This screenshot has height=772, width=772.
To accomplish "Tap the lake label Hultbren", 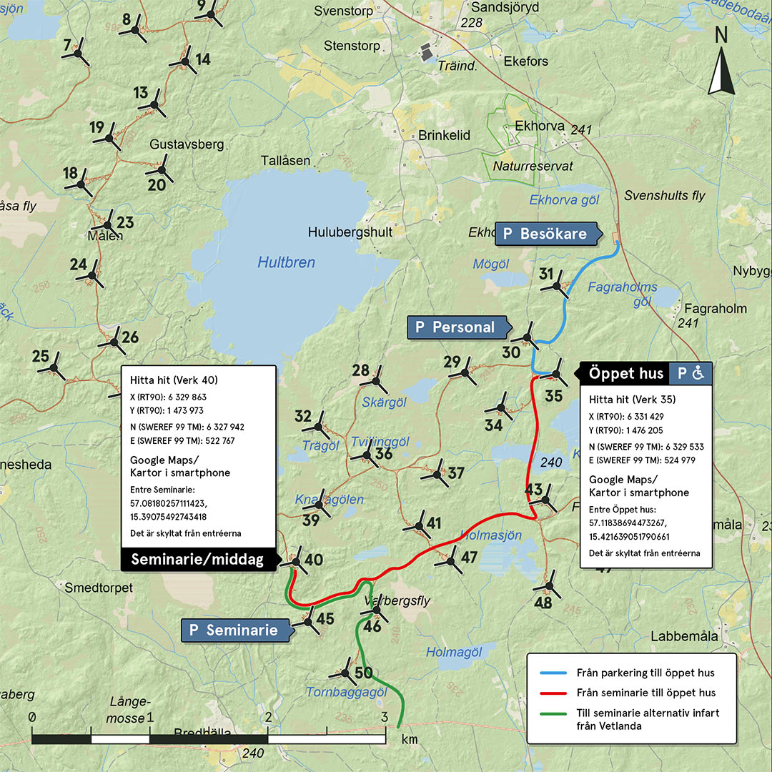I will [286, 263].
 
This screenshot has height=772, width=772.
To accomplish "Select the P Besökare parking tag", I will [545, 234].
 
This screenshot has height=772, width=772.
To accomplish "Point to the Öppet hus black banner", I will [625, 373].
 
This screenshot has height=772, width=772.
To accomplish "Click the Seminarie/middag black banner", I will [197, 560].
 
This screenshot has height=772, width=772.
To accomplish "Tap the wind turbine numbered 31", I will [557, 287].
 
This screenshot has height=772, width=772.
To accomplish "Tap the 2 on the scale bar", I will [268, 717].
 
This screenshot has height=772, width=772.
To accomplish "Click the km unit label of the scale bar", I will [410, 739].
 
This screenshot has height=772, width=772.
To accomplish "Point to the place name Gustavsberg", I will [187, 144].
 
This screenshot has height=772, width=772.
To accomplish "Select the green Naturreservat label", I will [533, 166].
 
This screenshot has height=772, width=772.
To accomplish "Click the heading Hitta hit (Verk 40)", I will [174, 380].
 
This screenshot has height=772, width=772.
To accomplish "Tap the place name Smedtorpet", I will [99, 588].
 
